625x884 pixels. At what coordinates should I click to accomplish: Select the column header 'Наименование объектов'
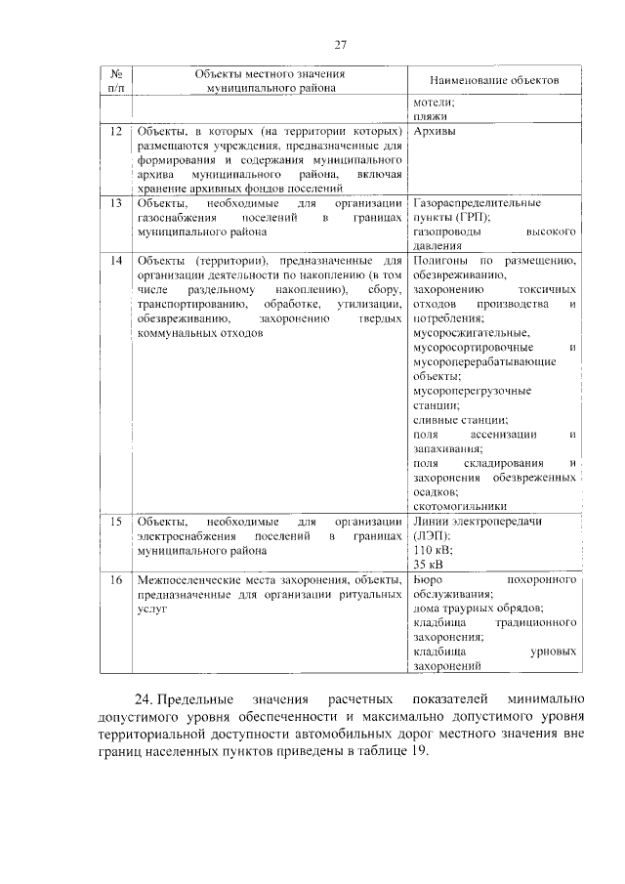[x=493, y=80]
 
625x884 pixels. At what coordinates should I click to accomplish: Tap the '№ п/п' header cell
[x=115, y=80]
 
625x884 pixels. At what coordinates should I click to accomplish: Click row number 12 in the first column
[x=115, y=131]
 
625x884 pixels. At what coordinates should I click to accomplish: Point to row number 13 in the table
[x=115, y=203]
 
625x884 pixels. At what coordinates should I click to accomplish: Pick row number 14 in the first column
[x=115, y=262]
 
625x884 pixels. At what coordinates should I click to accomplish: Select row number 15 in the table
[x=115, y=522]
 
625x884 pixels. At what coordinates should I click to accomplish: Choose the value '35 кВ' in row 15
[x=429, y=566]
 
